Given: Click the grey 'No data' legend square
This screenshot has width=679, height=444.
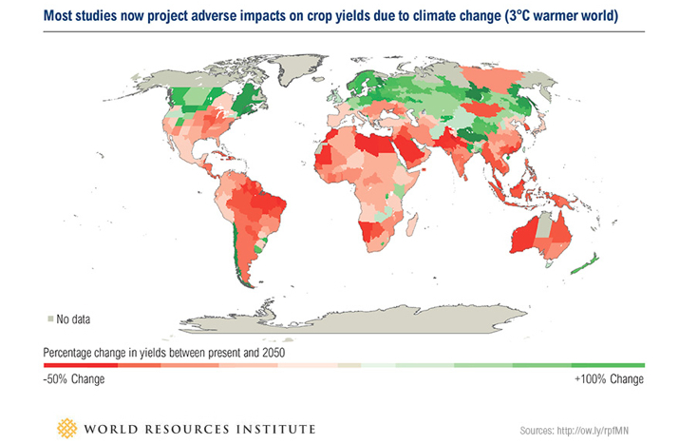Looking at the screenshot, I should tap(48, 318).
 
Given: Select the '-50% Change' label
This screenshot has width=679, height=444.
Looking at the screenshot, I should tap(74, 379).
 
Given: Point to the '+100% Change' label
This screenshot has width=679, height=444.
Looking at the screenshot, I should tap(609, 379).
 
